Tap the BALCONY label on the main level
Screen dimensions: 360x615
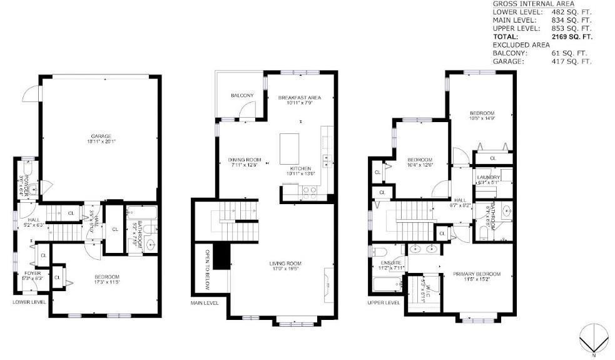pos(242,95)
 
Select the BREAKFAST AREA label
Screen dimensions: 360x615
pos(299,98)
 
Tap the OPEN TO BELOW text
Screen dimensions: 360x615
pos(208,271)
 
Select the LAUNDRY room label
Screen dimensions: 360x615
pos(488,178)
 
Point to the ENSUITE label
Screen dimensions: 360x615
pos(392,263)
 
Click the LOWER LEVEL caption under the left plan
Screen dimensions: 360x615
pos(29,302)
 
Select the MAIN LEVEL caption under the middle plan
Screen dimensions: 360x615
pos(205,303)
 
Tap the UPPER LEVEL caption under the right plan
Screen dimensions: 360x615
pos(384,302)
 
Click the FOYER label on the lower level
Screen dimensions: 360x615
pos(32,274)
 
